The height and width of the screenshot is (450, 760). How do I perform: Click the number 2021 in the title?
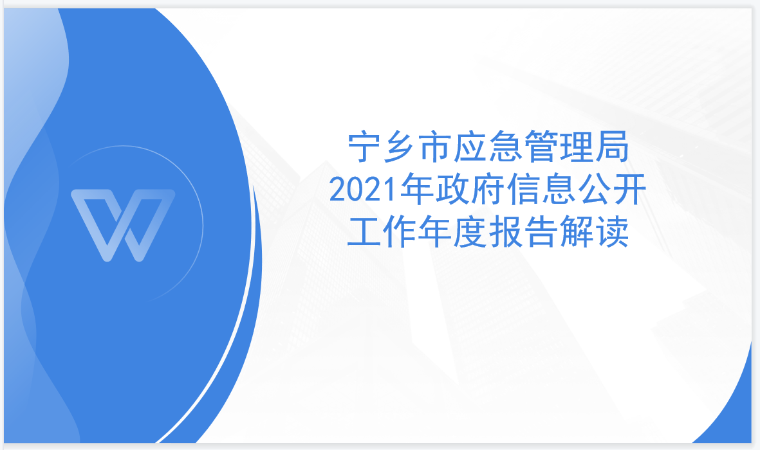[x=364, y=189]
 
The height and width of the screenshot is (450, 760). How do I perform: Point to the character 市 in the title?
[x=435, y=146]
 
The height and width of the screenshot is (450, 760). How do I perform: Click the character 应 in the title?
[x=470, y=146]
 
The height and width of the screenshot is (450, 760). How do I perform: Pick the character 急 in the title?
[x=506, y=146]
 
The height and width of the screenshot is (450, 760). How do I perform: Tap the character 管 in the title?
[x=541, y=146]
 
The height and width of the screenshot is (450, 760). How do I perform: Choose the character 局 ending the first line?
[x=612, y=146]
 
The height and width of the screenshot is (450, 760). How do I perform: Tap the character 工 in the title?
[x=364, y=232]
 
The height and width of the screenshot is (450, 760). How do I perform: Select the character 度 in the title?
[x=470, y=232]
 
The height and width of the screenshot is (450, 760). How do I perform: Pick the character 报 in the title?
[x=506, y=232]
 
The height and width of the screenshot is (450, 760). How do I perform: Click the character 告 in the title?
[x=541, y=232]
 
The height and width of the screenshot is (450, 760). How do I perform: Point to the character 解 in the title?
[x=577, y=232]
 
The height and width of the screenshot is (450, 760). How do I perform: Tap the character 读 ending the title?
[x=612, y=232]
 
